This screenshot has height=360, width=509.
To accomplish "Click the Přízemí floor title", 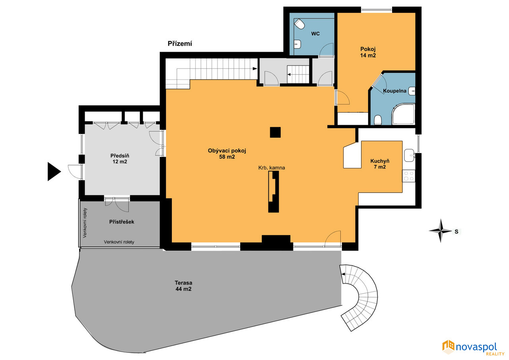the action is pos(180,44).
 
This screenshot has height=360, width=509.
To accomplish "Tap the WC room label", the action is pos(315,34).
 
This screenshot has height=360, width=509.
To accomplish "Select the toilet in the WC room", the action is pos(299,24).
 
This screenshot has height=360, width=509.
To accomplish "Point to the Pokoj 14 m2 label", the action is pos(368,52).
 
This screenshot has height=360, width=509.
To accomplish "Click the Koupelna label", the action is pos(394,91).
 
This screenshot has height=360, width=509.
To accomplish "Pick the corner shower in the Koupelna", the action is pos(403,114).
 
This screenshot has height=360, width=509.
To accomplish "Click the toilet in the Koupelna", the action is pos(378,120).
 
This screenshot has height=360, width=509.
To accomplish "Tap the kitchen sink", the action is pos(410,156).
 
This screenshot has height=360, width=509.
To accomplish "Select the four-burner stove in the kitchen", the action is pos(409,176).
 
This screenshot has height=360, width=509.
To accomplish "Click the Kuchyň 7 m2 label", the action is pos(380,164).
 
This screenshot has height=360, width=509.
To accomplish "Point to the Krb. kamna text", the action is pos(272,168).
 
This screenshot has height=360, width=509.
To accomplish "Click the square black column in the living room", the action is pos(275,132).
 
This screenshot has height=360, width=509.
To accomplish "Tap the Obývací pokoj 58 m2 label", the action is pos(227,154).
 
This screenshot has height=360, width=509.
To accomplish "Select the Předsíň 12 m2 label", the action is pos(120,159).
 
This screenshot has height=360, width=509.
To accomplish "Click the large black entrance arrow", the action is pos(54,171).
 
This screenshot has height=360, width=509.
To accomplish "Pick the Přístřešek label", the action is pos(122,222).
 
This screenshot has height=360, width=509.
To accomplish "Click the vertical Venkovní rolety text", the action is pos(85,223).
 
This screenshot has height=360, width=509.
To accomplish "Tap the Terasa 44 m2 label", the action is pos(183,286).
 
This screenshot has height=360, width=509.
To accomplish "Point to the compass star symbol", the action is pos(440,231).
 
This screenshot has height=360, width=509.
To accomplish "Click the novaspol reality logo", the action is pos(473,348).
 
